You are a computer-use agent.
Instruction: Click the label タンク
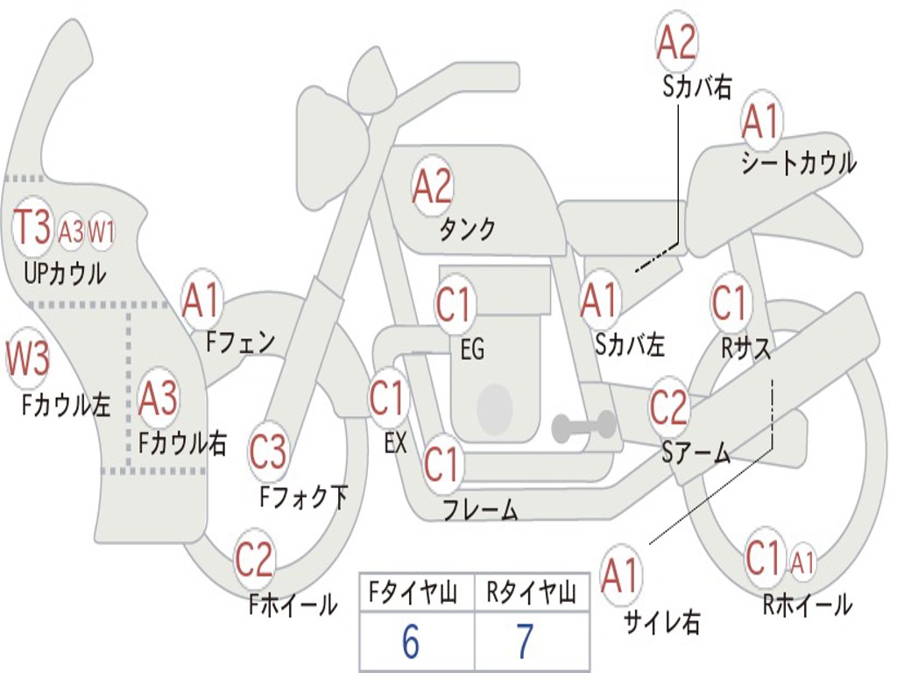[467, 230]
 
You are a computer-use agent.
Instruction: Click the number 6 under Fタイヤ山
[410, 642]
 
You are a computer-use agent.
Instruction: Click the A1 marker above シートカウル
[760, 122]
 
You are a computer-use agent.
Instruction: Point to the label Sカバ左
[630, 345]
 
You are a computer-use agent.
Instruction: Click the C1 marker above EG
[454, 306]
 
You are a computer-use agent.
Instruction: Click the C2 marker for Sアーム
[669, 407]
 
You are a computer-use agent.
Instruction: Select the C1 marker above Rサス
[730, 303]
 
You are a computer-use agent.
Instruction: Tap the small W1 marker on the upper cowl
[102, 232]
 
